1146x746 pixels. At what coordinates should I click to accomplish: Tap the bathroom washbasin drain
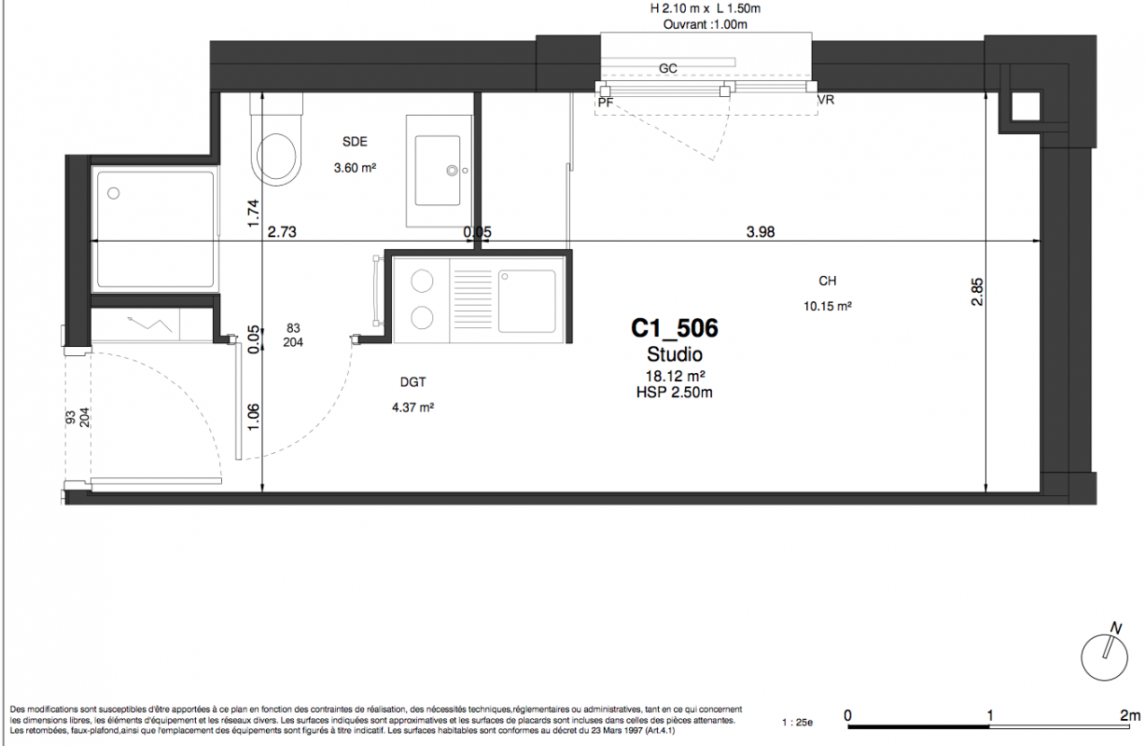point(453,171)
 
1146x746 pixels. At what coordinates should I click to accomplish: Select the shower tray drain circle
point(114,193)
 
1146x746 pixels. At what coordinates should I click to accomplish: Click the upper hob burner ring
point(422,281)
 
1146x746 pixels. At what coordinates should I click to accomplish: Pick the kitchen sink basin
point(527,301)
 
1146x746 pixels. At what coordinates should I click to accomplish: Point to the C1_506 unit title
point(675,327)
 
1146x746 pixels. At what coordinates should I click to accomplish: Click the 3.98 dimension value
point(761,231)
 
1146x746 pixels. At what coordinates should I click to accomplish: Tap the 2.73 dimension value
point(282,231)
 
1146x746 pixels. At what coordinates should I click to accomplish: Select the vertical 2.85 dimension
point(977,292)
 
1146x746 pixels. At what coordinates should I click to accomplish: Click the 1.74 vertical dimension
point(253,214)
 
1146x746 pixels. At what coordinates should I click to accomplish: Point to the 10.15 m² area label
point(827,306)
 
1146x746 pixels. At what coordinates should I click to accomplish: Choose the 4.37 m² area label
point(412,407)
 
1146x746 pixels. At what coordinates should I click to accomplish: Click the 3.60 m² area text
point(355,167)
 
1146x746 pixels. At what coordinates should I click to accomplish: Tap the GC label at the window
point(667,68)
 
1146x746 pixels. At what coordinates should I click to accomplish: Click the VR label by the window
point(826,100)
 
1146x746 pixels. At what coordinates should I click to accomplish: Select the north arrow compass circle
point(1104,657)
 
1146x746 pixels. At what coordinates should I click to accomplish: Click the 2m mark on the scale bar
point(1129,715)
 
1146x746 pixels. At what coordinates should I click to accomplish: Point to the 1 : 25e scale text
point(797,723)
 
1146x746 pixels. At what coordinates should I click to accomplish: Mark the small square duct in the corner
point(1026,107)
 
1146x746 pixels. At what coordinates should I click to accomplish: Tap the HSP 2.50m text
point(675,393)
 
